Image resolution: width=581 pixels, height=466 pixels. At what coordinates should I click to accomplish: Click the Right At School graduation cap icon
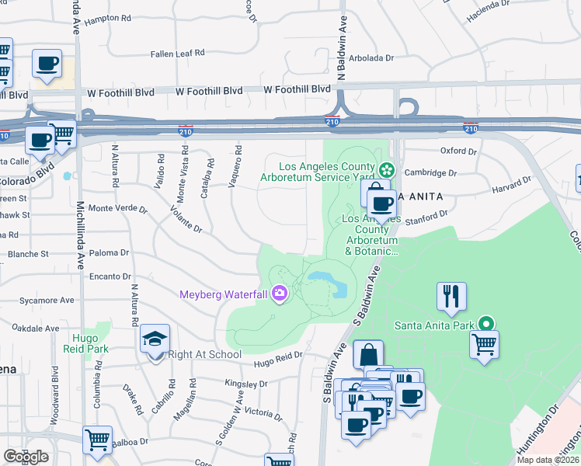click(155, 339)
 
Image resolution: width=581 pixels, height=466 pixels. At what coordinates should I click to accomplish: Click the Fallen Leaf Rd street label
click(178, 53)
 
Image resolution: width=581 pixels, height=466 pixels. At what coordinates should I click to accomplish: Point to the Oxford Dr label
click(457, 151)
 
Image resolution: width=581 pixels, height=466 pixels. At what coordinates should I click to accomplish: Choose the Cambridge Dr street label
click(446, 173)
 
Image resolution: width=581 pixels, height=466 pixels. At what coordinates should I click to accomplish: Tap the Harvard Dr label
click(510, 184)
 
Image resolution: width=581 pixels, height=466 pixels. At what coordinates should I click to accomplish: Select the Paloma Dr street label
click(109, 253)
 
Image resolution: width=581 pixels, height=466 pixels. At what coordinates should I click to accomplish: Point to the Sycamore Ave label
click(47, 300)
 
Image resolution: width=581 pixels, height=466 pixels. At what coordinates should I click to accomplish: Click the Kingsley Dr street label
click(245, 384)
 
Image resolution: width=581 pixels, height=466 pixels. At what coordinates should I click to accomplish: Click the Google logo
click(26, 457)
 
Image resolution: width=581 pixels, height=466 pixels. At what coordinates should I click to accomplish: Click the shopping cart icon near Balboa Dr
click(97, 440)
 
